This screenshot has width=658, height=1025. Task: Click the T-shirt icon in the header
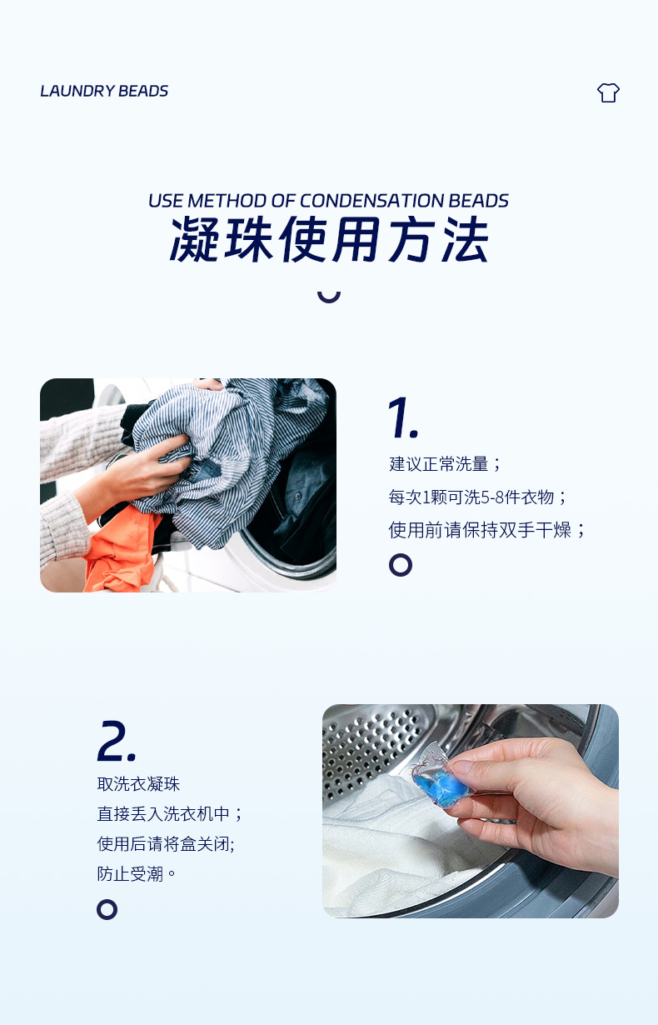click(x=608, y=92)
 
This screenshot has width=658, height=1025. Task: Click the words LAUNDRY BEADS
click(x=104, y=91)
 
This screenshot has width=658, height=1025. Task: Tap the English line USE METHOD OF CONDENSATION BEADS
click(x=328, y=201)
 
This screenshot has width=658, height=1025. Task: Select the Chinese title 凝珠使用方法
click(x=329, y=241)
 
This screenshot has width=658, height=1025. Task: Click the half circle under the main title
click(x=329, y=294)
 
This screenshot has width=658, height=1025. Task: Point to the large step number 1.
click(x=402, y=417)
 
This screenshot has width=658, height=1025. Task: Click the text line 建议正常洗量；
click(x=446, y=464)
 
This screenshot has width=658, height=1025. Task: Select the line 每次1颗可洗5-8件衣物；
click(x=478, y=497)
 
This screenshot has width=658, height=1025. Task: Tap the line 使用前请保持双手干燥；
click(x=487, y=530)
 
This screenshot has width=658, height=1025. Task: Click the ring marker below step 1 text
click(x=401, y=565)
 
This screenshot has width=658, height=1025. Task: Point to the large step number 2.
click(x=117, y=741)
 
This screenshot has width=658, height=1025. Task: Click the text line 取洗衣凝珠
click(x=138, y=784)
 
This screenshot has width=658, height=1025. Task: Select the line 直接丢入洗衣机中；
click(x=170, y=814)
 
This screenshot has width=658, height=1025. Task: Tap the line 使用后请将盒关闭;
click(x=166, y=844)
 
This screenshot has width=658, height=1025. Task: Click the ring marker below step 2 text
click(x=107, y=909)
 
